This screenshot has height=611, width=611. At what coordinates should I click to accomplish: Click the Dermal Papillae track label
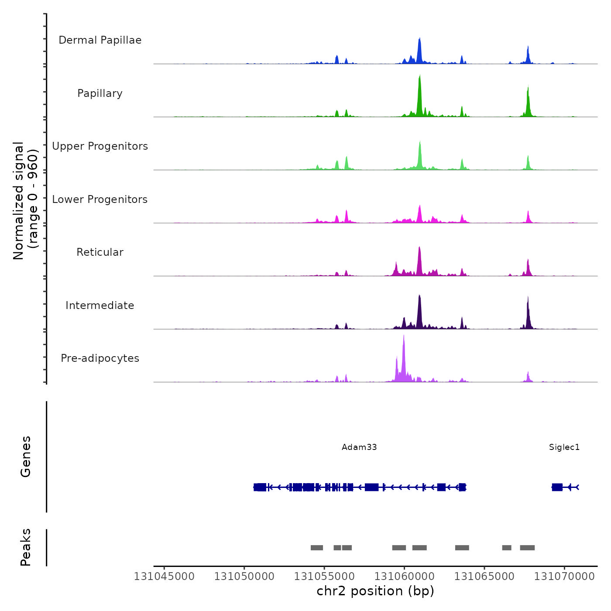[100, 40]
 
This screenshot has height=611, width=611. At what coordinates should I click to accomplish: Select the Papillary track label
[100, 93]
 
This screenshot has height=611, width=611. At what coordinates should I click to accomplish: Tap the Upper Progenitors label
[100, 146]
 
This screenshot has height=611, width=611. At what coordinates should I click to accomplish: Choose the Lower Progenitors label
[100, 199]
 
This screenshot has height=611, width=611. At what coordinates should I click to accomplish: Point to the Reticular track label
[100, 252]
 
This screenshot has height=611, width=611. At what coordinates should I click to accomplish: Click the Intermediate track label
[100, 305]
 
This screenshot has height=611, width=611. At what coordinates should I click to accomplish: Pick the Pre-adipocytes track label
[100, 358]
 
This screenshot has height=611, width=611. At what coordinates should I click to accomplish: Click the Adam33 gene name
[359, 447]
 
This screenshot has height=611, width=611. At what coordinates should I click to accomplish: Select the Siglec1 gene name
[564, 447]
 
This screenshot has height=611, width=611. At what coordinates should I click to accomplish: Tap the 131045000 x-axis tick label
[164, 577]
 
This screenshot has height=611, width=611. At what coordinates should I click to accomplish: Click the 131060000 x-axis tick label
[405, 577]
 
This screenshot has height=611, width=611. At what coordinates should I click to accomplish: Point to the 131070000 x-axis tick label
[564, 577]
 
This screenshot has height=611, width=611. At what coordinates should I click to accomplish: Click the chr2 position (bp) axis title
[375, 591]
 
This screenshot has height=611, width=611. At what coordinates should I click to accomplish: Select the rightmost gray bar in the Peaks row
[527, 548]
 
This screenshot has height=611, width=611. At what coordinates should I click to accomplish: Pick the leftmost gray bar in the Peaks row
[317, 548]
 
